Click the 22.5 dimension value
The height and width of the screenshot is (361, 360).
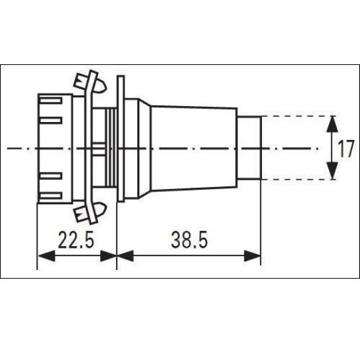tap(76, 240)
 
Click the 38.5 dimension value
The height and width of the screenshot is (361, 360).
tap(189, 240)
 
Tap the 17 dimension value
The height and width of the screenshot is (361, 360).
tap(346, 149)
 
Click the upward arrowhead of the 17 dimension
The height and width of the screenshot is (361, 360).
tap(333, 124)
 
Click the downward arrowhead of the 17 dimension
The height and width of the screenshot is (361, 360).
tap(333, 170)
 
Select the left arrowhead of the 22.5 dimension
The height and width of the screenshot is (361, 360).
tap(47, 256)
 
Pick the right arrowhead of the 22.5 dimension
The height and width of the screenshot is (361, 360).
tap(108, 256)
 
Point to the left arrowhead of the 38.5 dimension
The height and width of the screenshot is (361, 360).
tap(125, 256)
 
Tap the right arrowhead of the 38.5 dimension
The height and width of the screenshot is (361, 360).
tap(253, 256)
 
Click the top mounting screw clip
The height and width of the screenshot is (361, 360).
tap(89, 83)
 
